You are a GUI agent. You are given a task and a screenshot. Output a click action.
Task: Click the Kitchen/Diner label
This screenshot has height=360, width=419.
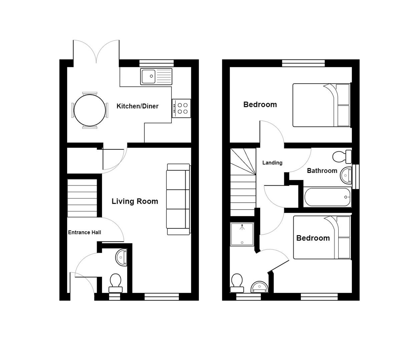pyautogui.click(x=137, y=106)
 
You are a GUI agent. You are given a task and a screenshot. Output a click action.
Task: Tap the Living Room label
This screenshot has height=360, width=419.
pyautogui.click(x=135, y=201)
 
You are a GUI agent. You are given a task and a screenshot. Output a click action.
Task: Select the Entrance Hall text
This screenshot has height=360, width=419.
pyautogui.click(x=84, y=233)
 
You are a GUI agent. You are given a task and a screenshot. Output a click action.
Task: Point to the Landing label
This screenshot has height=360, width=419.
pyautogui.click(x=272, y=163)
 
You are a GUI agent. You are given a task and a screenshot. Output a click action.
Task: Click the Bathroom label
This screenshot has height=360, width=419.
pyautogui.click(x=322, y=171)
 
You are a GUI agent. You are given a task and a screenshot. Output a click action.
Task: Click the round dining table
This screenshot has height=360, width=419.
pyautogui.click(x=90, y=110)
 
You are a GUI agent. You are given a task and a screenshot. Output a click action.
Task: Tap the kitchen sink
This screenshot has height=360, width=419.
pyautogui.click(x=156, y=76)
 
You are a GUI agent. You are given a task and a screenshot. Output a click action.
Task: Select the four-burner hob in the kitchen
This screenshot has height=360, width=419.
pyautogui.click(x=181, y=108)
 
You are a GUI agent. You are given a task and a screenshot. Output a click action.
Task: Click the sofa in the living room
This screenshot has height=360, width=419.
pyautogui.click(x=178, y=199)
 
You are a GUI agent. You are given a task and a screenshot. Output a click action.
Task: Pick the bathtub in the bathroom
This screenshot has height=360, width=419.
pyautogui.click(x=327, y=197)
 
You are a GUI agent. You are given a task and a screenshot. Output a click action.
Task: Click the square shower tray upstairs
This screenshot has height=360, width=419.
pyautogui.click(x=242, y=234)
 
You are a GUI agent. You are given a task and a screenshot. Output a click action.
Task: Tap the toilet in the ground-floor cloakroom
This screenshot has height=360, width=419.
pyautogui.click(x=115, y=282)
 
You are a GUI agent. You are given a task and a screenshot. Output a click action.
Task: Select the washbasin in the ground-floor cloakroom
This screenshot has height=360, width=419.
pyautogui.click(x=122, y=257)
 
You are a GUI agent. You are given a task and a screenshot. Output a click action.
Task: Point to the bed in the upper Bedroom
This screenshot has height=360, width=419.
pyautogui.click(x=321, y=105)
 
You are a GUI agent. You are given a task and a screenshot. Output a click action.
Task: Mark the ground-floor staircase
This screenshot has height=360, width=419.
pyautogui.click(x=82, y=198)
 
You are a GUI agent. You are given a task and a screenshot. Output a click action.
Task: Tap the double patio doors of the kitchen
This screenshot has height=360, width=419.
pyautogui.click(x=96, y=52)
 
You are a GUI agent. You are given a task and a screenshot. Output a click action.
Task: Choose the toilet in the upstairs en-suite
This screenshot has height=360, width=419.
pyautogui.click(x=237, y=282)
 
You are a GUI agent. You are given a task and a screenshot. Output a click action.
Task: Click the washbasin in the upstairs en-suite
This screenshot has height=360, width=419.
pyautogui.click(x=260, y=287)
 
